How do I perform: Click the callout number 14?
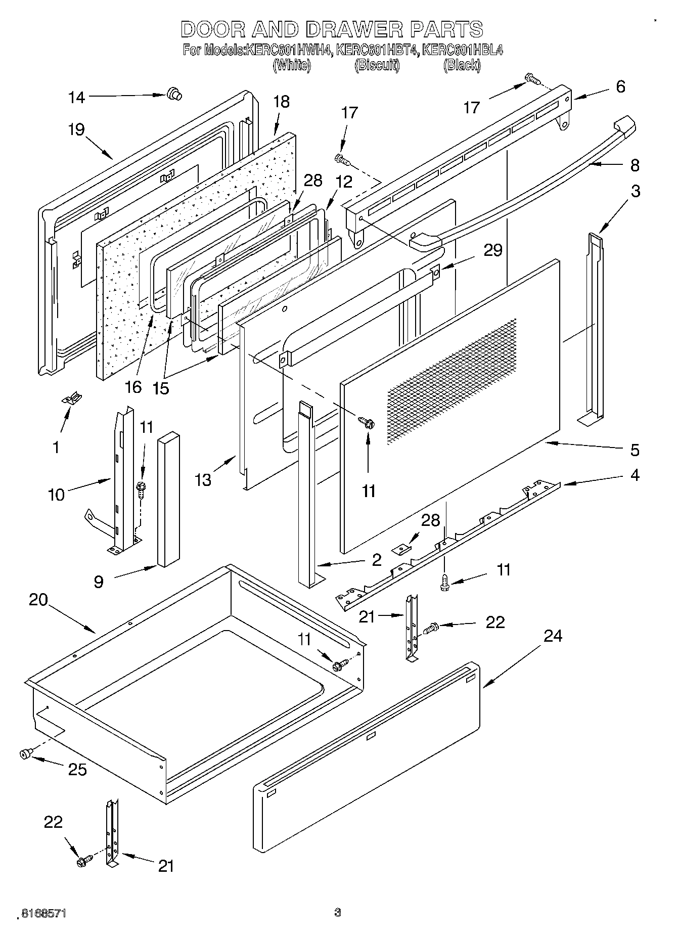77,97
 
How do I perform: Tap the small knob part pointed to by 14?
174,94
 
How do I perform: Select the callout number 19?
76,130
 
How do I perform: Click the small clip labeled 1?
72,399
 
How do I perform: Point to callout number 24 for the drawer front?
553,636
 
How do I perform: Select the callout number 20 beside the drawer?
38,600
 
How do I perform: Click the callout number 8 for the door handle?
635,165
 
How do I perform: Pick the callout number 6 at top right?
620,86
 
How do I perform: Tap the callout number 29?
492,250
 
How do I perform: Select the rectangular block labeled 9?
168,499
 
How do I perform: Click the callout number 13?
203,479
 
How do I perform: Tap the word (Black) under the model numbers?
462,65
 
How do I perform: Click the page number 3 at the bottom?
338,913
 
